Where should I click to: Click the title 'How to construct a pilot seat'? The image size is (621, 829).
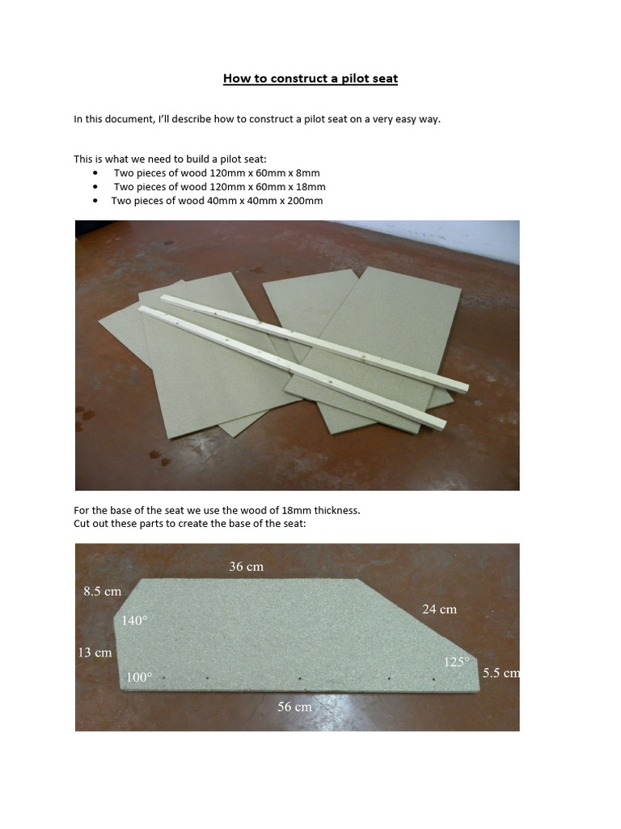[310, 79]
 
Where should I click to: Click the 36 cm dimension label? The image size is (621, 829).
[246, 567]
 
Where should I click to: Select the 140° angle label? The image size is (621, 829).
[135, 621]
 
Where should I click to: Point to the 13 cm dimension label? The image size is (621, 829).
[95, 652]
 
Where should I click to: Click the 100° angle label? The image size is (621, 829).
[138, 677]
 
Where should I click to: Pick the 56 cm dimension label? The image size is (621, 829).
[294, 707]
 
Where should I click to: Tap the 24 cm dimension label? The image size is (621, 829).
[439, 609]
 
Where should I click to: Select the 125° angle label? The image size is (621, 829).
[456, 662]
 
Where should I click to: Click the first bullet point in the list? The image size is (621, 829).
[96, 173]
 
